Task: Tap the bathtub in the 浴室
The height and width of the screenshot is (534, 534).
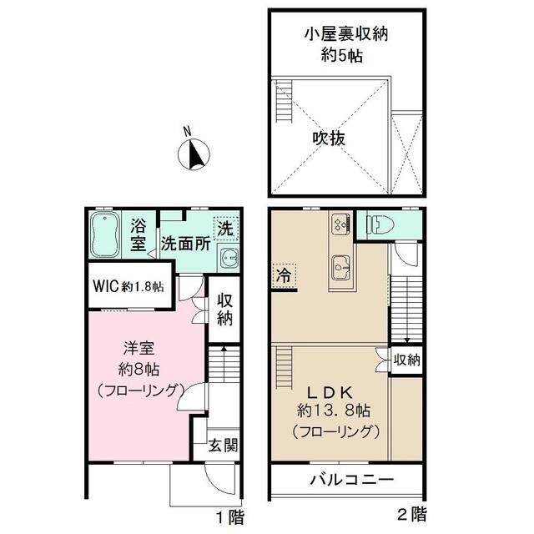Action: point(106,236)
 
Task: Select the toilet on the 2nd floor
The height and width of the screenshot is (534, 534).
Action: point(375,224)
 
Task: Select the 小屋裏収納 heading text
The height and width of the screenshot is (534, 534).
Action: point(346,34)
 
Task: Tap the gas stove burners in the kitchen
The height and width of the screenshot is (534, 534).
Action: point(340,223)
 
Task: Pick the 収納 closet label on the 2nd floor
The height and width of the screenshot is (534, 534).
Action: point(408,360)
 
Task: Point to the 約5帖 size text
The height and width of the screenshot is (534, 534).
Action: point(346,56)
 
